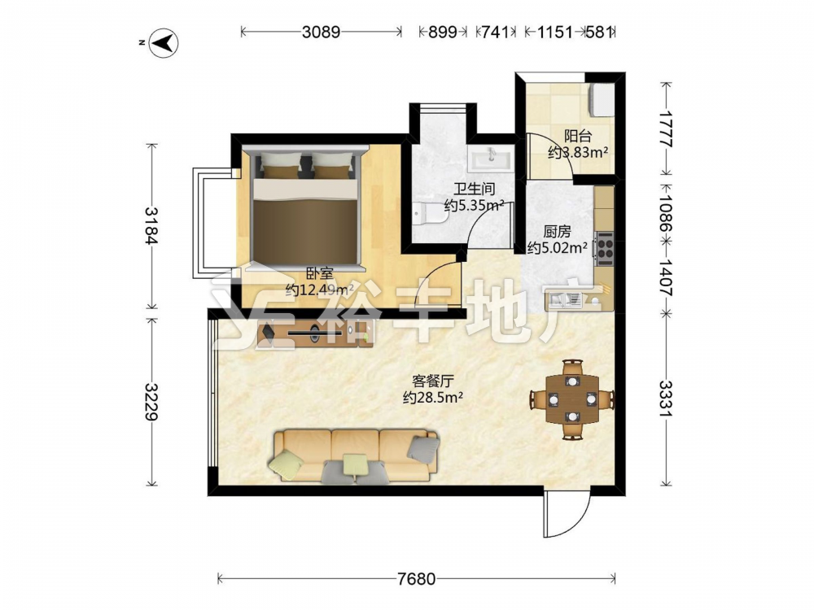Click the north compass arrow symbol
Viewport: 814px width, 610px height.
164,43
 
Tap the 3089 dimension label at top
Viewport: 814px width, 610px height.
321,33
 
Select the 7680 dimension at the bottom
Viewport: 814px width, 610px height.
416,578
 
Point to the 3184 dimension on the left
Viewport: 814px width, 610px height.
151,225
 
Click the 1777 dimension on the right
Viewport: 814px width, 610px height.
666,129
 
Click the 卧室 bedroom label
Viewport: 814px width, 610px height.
319,272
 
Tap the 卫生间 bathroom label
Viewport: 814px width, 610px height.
474,189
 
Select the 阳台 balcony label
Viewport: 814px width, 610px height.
578,136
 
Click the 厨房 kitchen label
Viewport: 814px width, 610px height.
557,231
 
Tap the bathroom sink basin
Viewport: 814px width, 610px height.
490,158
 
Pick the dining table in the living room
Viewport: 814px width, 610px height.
572,399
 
